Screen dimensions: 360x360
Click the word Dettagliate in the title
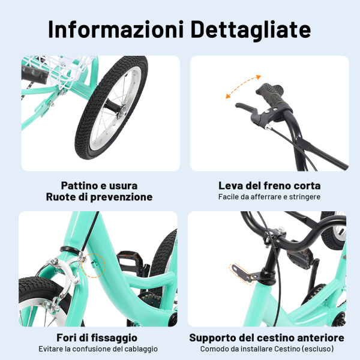click(252, 29)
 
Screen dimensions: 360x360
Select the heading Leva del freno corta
click(269, 185)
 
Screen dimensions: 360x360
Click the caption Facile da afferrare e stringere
click(269, 197)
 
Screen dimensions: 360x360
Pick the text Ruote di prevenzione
click(99, 197)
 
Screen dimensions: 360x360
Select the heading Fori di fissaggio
click(97, 338)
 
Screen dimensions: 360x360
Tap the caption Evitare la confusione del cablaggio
click(98, 349)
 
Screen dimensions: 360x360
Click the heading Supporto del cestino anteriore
click(267, 338)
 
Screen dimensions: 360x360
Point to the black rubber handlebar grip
click(272, 95)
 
